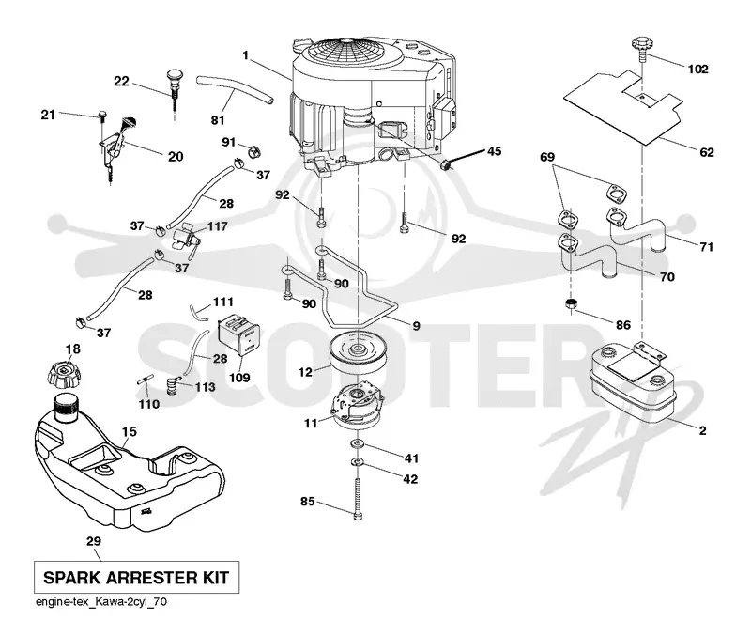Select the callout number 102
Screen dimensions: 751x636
[697, 70]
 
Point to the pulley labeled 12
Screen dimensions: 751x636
[358, 353]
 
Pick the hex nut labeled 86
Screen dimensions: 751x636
[571, 303]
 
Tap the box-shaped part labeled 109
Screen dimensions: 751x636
[238, 334]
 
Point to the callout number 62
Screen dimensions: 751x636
[707, 152]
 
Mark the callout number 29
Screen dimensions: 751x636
[94, 541]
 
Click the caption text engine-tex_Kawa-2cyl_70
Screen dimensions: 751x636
[101, 602]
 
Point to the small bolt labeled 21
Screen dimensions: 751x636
[101, 115]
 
